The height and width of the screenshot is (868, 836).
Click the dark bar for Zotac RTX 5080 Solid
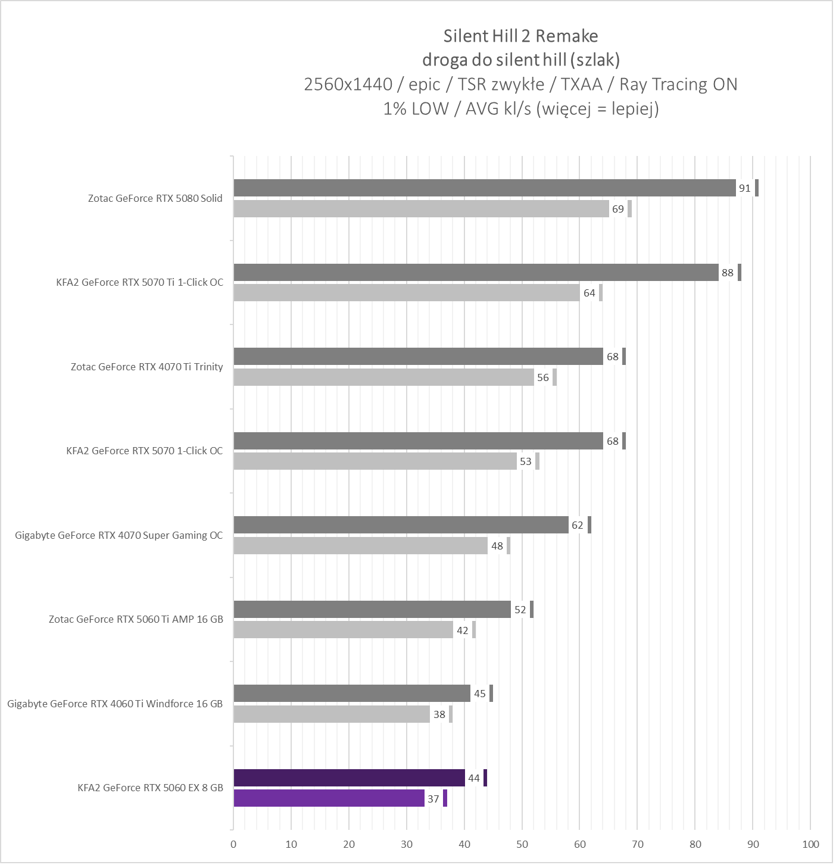tap(484, 188)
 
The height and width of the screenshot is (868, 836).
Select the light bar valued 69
tap(421, 209)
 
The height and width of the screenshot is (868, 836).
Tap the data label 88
tap(727, 273)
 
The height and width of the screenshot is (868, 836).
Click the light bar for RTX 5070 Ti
tap(406, 293)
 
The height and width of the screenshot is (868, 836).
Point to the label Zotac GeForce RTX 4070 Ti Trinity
tap(146, 367)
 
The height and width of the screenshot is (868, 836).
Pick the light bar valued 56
tap(383, 377)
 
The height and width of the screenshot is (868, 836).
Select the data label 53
tap(525, 461)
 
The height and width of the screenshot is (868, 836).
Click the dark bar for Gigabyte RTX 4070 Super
tap(401, 525)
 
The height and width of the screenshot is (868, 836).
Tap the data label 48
tap(497, 546)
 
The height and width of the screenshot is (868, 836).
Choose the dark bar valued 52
tap(372, 610)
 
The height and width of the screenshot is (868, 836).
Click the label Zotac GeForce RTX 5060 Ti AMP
tap(136, 619)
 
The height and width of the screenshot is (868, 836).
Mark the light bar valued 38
tap(331, 714)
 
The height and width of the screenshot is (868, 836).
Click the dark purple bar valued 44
tap(349, 778)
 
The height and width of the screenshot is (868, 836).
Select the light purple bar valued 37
tap(329, 798)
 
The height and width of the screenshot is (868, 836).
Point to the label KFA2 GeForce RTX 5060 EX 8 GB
tap(150, 788)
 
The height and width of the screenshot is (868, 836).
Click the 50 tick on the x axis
tap(522, 844)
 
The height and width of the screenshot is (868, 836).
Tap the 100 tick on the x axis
tap(810, 844)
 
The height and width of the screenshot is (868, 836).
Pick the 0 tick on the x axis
tap(233, 844)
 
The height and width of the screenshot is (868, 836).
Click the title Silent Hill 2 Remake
tap(520, 36)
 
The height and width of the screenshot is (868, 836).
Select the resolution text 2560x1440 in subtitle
tap(348, 85)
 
